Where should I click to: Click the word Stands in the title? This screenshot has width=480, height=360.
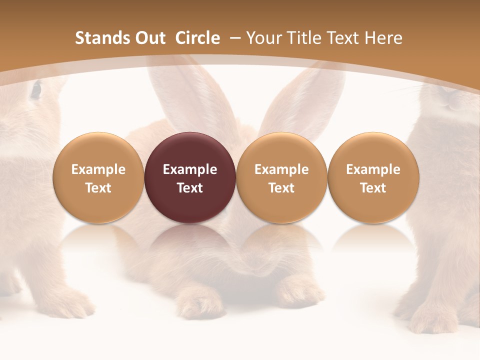pyautogui.click(x=102, y=38)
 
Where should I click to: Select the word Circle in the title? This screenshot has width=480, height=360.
pyautogui.click(x=197, y=38)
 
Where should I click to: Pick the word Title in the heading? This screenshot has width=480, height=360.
pyautogui.click(x=303, y=38)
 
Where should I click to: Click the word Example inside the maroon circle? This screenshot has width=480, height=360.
pyautogui.click(x=190, y=169)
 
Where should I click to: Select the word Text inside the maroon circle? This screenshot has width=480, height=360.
pyautogui.click(x=190, y=188)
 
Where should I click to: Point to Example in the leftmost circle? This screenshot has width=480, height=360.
pyautogui.click(x=98, y=169)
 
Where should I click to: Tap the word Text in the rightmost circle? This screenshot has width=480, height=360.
pyautogui.click(x=373, y=188)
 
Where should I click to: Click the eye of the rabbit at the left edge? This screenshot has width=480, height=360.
pyautogui.click(x=36, y=90)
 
